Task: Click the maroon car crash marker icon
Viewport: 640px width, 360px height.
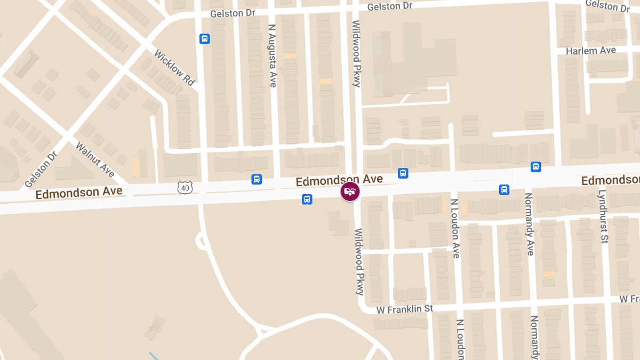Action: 350,191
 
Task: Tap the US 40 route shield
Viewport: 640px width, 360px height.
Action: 185,187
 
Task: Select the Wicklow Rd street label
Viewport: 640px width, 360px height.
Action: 174,68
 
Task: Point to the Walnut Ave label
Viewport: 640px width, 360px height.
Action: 95,159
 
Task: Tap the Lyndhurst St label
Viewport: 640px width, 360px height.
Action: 603,216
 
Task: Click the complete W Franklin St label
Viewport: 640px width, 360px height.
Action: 405,309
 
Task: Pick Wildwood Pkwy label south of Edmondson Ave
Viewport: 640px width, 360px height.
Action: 359,261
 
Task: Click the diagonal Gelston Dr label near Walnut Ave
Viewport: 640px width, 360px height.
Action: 41,169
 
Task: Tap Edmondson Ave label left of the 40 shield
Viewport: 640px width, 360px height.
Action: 79,193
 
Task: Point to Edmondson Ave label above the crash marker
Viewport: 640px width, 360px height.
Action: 339,180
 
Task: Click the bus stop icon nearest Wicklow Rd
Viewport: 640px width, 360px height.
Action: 204,39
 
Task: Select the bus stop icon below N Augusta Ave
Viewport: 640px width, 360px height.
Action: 257,179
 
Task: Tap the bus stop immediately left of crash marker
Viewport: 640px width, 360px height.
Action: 307,199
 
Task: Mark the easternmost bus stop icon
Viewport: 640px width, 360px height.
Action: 535,167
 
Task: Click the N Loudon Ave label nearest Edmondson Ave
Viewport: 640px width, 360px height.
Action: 455,228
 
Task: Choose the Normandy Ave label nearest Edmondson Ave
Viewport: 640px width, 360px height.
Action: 530,224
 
